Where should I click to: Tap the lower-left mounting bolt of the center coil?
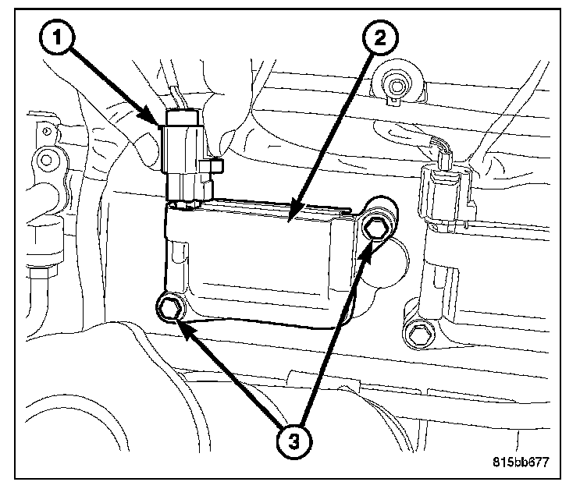coord(170,308)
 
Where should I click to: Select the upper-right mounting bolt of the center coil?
coord(376,226)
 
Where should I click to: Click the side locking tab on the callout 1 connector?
coord(212,166)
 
